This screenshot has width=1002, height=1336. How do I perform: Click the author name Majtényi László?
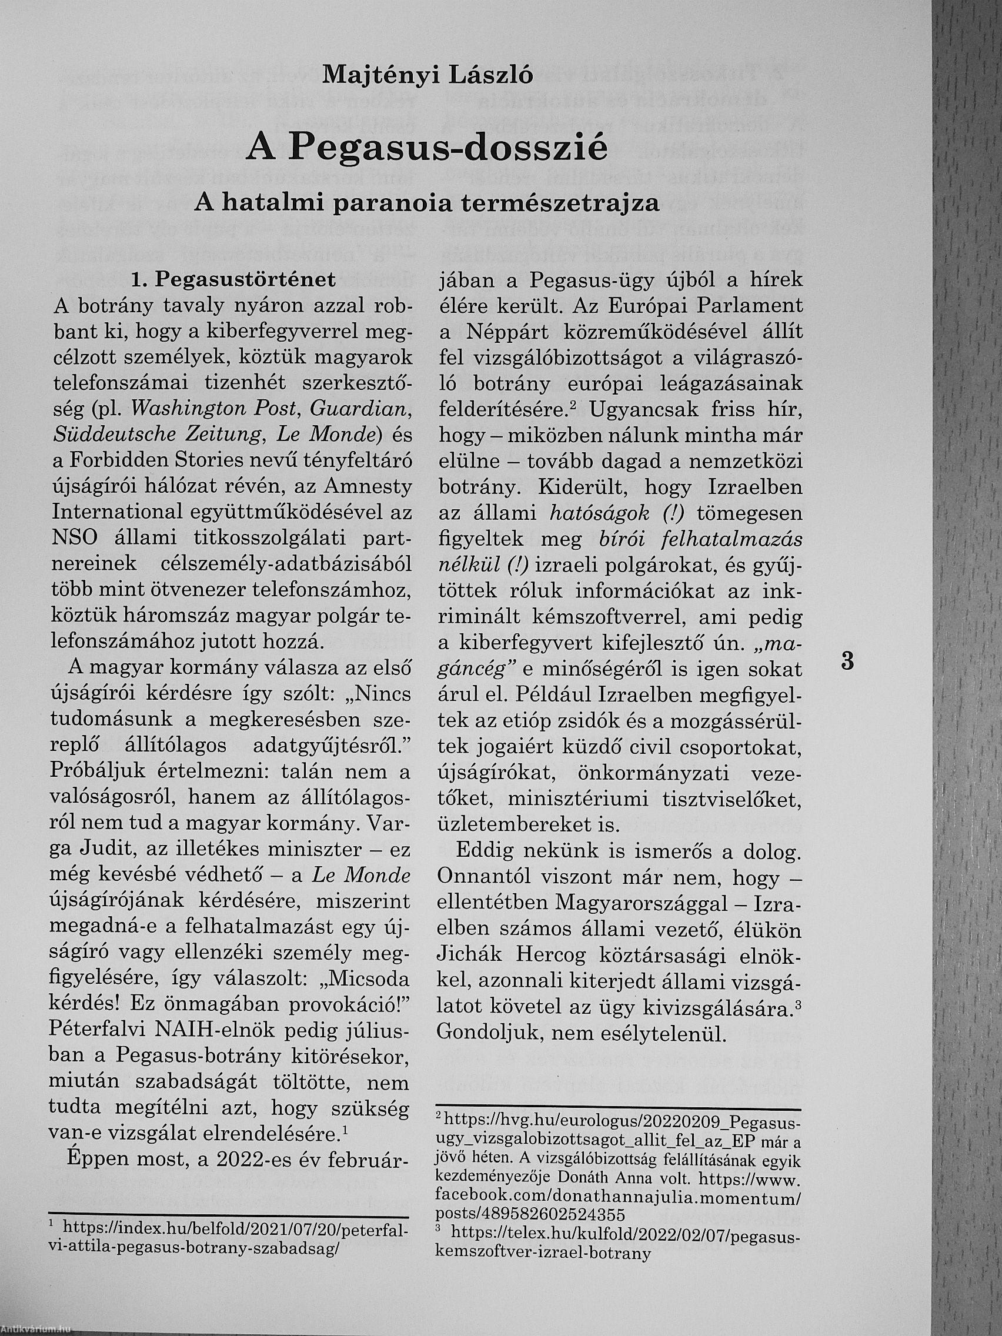tap(428, 74)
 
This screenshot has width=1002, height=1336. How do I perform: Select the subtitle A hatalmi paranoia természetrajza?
tap(426, 203)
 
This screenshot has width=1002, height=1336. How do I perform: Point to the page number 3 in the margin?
tap(847, 662)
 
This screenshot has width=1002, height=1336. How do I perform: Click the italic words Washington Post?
tap(214, 409)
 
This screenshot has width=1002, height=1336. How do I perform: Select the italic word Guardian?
tap(361, 409)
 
